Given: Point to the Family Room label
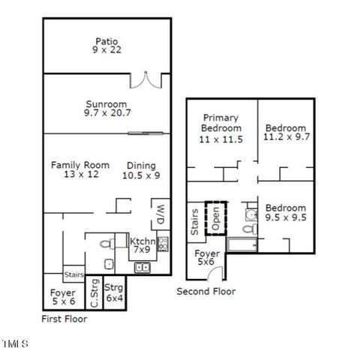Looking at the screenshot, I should [x=80, y=170].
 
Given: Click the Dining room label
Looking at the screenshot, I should [x=141, y=170].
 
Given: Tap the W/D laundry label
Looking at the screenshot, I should [x=159, y=215].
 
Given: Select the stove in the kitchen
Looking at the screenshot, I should [x=162, y=243].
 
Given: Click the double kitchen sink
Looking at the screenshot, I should [x=142, y=268].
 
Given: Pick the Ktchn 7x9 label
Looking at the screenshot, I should [x=143, y=246].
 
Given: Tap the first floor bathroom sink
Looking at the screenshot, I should [x=108, y=264].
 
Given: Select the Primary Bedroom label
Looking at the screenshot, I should [x=220, y=128].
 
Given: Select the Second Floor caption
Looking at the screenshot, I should [x=206, y=292].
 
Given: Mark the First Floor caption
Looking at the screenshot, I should [x=64, y=318].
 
